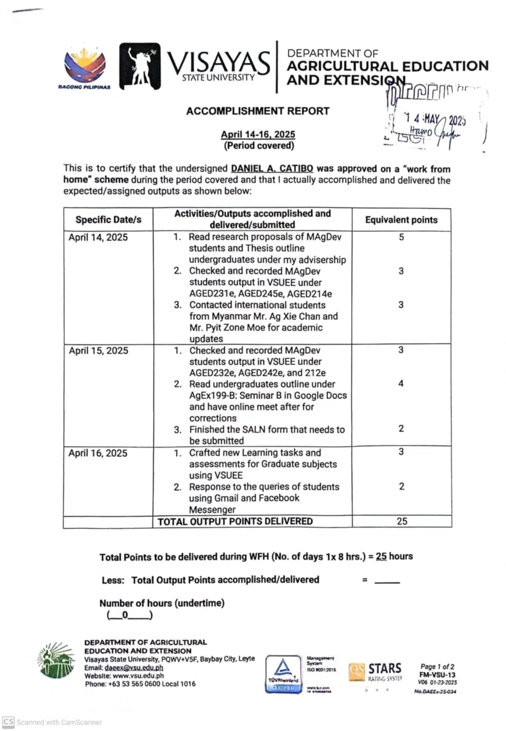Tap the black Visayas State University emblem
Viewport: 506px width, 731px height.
[x=140, y=66]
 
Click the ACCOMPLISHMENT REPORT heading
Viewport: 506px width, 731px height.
[x=258, y=111]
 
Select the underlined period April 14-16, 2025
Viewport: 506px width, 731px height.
[x=258, y=134]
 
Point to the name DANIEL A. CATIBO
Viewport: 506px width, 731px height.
[x=272, y=168]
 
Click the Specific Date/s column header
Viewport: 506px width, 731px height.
[x=108, y=220]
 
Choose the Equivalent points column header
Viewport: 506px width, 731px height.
[x=401, y=220]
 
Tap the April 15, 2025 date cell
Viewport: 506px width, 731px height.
[x=98, y=351]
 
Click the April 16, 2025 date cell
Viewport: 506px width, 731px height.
[x=98, y=453]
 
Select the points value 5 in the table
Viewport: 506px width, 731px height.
[x=401, y=237]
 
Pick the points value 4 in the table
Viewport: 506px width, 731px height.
[x=401, y=384]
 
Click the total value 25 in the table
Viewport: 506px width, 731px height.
[x=402, y=521]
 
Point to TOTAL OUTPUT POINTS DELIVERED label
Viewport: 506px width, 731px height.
[x=235, y=521]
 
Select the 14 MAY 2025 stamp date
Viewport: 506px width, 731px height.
[x=435, y=120]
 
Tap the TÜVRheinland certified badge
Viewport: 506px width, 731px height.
[x=283, y=674]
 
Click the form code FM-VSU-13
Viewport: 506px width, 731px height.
[x=437, y=675]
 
